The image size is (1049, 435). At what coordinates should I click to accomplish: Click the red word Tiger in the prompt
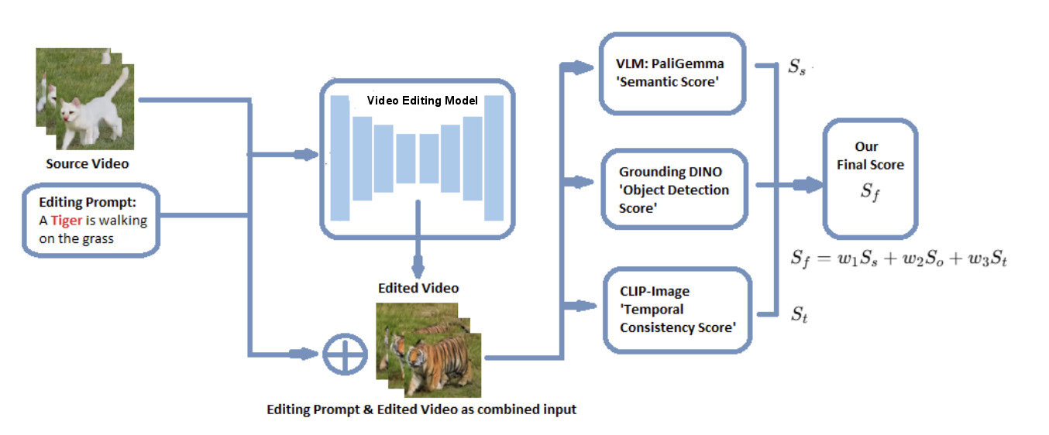[x=67, y=220]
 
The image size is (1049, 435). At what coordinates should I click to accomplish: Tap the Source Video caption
[x=87, y=163]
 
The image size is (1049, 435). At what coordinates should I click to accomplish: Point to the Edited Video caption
[x=418, y=288]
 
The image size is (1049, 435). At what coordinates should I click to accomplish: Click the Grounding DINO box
[x=674, y=190]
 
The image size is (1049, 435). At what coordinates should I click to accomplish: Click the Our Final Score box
[x=870, y=177]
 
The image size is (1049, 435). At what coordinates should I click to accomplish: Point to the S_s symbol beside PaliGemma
[x=796, y=67]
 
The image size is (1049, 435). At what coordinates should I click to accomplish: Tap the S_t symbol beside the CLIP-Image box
[x=797, y=313]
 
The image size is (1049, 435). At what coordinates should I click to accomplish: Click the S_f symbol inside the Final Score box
[x=871, y=192]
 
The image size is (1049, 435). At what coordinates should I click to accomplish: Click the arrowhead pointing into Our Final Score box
[x=813, y=185]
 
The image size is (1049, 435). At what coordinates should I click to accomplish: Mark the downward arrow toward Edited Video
[x=418, y=268]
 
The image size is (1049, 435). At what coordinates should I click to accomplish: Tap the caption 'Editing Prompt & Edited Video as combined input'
[x=421, y=409]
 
